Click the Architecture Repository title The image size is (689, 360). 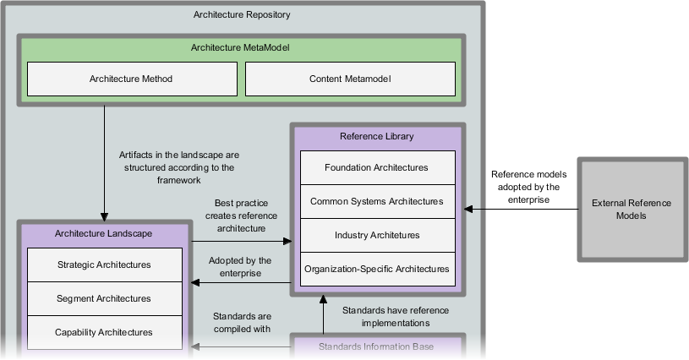tap(242, 14)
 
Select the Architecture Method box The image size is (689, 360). tap(131, 79)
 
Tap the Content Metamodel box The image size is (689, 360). tap(350, 79)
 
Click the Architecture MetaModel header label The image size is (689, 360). tap(242, 48)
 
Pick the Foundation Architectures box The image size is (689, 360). tap(376, 167)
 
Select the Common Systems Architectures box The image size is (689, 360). tap(376, 201)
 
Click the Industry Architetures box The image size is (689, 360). tap(376, 235)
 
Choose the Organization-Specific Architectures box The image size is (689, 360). tap(376, 269)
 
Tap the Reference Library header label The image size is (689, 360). tap(377, 136)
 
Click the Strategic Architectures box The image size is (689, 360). tap(104, 265)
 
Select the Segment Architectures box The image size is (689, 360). tap(104, 298)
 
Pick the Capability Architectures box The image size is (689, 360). tap(104, 332)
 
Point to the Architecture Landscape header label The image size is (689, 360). tap(104, 233)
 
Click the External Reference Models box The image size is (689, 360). tap(632, 210)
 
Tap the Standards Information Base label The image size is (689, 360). tap(376, 346)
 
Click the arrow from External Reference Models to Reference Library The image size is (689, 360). tap(520, 209)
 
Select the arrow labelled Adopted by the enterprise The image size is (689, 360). tap(241, 282)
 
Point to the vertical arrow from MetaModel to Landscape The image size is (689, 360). tap(105, 161)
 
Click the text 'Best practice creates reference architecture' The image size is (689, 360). tap(240, 215)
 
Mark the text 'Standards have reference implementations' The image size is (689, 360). tap(395, 316)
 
